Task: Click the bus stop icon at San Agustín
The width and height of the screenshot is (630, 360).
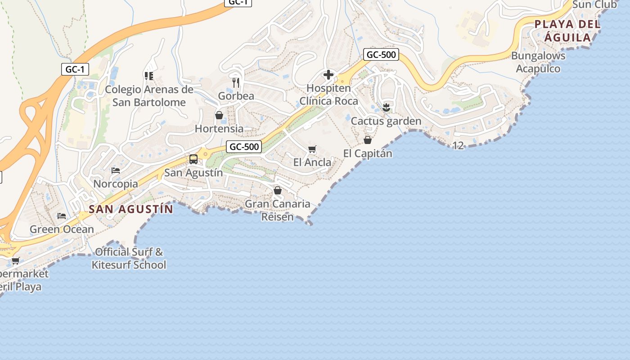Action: (x=193, y=159)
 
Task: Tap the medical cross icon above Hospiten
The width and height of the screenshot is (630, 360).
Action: (x=328, y=75)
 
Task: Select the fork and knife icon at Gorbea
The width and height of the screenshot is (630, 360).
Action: (x=236, y=82)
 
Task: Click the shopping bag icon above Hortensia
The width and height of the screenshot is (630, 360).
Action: (x=219, y=115)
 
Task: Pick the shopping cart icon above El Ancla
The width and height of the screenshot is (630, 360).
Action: (x=312, y=149)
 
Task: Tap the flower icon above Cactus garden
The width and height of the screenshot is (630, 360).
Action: (x=386, y=107)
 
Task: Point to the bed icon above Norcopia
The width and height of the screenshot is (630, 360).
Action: (x=116, y=171)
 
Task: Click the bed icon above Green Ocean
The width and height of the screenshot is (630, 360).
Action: (x=62, y=216)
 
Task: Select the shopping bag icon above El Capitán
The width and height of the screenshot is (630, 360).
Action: (x=368, y=140)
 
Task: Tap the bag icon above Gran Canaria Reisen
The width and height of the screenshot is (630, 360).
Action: (x=278, y=190)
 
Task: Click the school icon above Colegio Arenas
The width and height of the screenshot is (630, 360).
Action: (x=149, y=76)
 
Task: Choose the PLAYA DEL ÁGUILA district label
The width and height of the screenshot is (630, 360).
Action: (x=567, y=31)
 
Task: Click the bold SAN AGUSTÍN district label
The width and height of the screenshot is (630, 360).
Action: (x=130, y=209)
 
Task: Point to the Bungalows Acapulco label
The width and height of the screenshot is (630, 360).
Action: (x=538, y=63)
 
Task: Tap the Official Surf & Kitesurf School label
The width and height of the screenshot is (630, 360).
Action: (x=129, y=258)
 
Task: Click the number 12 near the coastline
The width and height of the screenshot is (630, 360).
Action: (x=458, y=145)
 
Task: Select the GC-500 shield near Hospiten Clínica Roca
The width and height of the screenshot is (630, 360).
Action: (x=381, y=55)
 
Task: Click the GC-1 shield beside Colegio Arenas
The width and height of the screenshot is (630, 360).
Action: (x=75, y=69)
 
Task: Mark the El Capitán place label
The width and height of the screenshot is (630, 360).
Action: (x=368, y=153)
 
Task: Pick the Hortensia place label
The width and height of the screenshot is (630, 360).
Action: (x=219, y=129)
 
